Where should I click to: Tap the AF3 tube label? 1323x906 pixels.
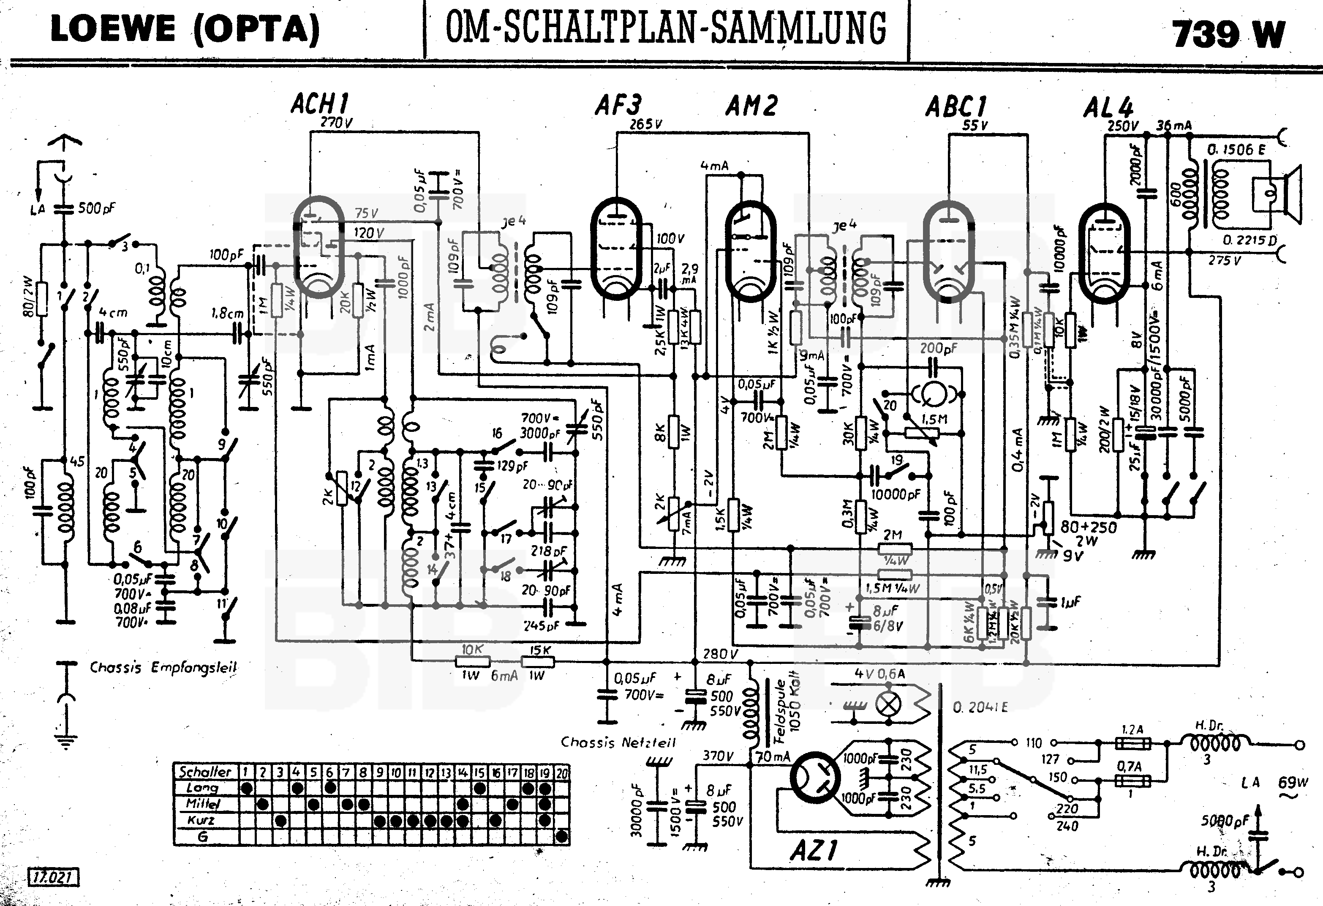pos(618,105)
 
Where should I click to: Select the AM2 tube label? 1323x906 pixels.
pos(751,106)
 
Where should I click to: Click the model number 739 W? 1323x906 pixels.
pos(1228,34)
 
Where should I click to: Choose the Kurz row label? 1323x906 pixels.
pos(201,821)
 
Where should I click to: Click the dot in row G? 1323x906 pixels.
pos(562,837)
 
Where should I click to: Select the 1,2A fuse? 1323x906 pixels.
pos(1132,743)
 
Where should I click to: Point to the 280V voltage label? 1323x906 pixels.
pos(720,654)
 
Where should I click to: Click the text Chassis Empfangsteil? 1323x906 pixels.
pos(163,667)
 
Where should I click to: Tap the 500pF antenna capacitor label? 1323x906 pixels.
pos(96,208)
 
